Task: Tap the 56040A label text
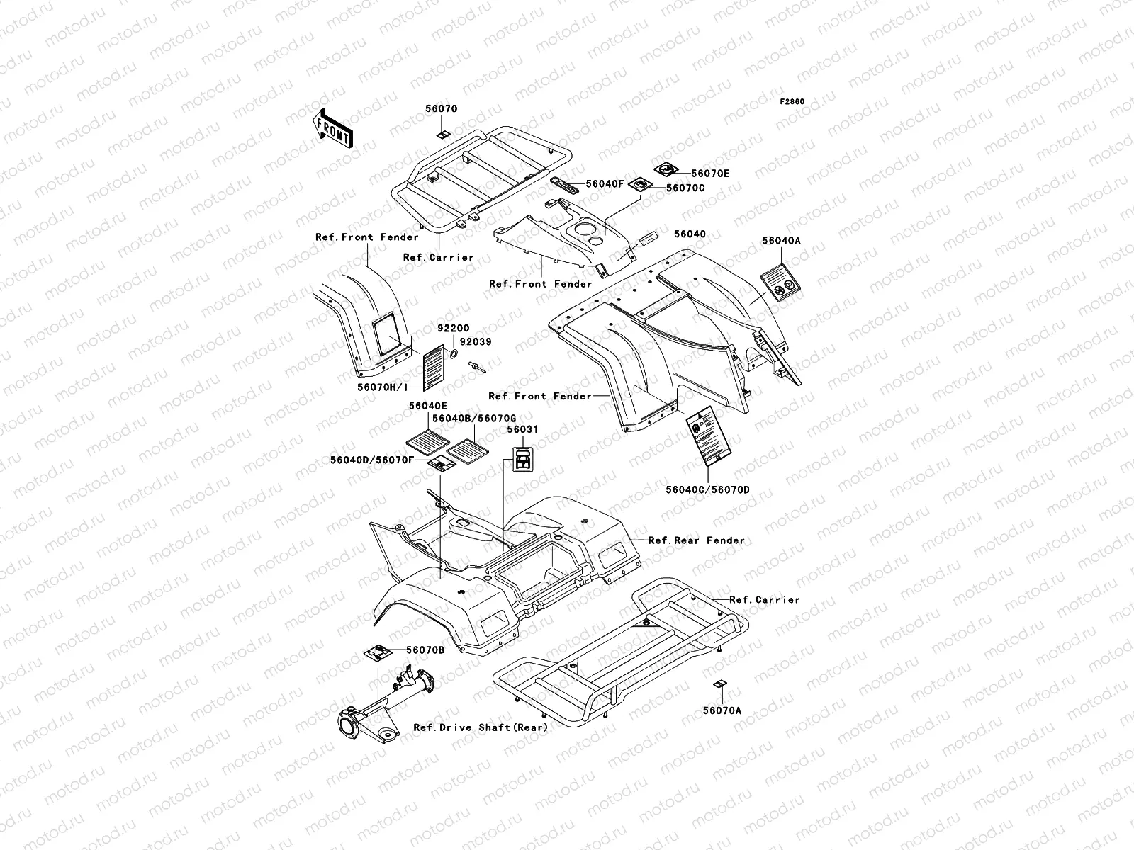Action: click(x=781, y=241)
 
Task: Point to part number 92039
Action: click(x=476, y=341)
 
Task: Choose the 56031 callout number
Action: click(x=522, y=430)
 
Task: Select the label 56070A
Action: click(x=722, y=710)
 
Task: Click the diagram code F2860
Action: click(x=792, y=102)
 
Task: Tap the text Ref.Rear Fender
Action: click(x=697, y=540)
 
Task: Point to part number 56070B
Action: click(x=425, y=650)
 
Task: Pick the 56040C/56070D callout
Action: click(x=707, y=489)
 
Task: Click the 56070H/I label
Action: click(x=383, y=387)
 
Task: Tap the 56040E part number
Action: click(x=427, y=407)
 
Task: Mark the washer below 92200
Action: click(x=451, y=352)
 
